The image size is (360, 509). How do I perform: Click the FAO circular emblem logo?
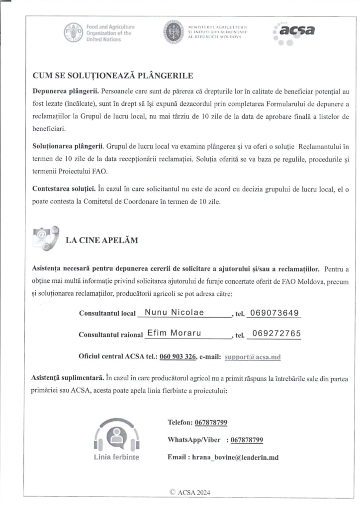click(73, 32)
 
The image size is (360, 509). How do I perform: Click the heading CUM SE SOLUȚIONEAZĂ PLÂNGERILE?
click(112, 76)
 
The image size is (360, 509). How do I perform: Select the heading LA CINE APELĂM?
click(102, 240)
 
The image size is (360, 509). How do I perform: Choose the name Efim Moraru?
click(174, 333)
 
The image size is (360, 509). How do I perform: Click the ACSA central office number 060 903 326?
click(178, 356)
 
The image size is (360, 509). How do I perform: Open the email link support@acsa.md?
click(253, 356)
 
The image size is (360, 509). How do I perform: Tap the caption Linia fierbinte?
click(116, 457)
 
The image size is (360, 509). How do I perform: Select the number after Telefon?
click(211, 423)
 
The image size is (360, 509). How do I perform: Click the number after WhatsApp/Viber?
click(247, 440)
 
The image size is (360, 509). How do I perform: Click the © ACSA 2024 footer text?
click(190, 492)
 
